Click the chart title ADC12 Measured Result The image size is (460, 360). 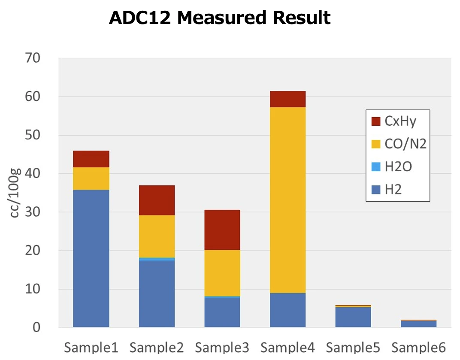[x=219, y=18]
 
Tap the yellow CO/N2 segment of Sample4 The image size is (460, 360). [x=287, y=200]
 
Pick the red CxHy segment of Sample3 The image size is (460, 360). [x=222, y=230]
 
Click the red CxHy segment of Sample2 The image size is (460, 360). [x=157, y=200]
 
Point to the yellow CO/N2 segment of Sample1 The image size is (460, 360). [x=91, y=178]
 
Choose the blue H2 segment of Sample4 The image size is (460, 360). [x=287, y=310]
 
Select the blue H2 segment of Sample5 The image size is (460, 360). [x=353, y=317]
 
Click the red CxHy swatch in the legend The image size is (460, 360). [x=376, y=121]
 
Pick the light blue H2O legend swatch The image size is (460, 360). [x=376, y=166]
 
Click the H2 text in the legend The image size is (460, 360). [x=393, y=189]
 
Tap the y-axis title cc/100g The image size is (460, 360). [x=15, y=193]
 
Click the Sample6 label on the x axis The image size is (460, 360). [x=419, y=347]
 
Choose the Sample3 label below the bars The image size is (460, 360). [x=222, y=347]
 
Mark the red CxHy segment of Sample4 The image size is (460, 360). [x=287, y=99]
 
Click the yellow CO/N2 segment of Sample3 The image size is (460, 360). [x=222, y=273]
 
